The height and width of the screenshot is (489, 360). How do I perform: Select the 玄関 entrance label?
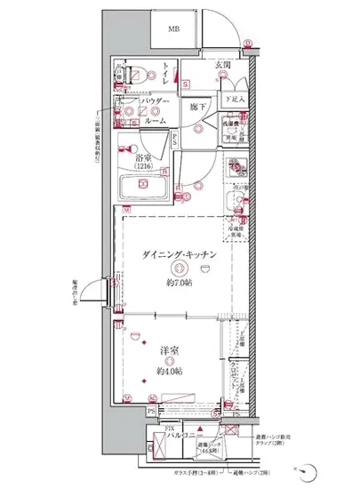(x=222, y=65)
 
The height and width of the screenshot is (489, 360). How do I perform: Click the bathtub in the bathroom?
(x=146, y=187)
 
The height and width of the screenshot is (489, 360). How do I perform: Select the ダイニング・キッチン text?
(x=179, y=254)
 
